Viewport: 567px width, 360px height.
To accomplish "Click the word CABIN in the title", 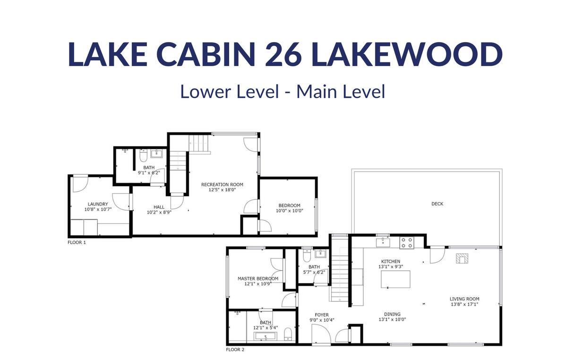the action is tap(206, 54).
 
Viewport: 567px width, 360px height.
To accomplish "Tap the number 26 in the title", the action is tap(283, 54).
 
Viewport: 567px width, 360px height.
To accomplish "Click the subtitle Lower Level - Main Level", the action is tap(283, 91).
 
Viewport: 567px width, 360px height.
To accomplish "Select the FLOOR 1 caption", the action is tap(77, 242).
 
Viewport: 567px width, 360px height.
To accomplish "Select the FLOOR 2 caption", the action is tap(235, 350).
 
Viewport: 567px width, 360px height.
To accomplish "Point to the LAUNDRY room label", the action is tap(98, 204).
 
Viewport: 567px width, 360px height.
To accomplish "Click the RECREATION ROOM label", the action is tap(222, 185).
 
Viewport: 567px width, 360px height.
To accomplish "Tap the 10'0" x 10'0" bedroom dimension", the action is tap(290, 211).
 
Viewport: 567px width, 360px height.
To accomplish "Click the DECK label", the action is tap(438, 204).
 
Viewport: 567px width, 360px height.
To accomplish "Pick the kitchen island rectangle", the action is tap(395, 279).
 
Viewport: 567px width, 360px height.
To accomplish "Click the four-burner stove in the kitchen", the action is tap(407, 242).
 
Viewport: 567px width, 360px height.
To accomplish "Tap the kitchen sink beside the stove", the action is tap(383, 242).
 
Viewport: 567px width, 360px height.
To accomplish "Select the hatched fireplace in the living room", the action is tap(462, 258).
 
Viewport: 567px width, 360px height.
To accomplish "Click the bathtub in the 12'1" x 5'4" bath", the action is tap(266, 336).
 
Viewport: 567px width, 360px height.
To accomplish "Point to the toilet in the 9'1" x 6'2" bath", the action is tap(144, 155).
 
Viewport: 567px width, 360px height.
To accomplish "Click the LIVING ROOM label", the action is tap(464, 299).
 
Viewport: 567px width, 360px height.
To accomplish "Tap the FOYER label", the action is tap(322, 315).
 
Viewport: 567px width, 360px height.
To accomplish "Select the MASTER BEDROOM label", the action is tap(258, 279).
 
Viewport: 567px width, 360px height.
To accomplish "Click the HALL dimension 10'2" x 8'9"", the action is tap(159, 213).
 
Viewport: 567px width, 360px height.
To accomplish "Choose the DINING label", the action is tap(392, 314).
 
